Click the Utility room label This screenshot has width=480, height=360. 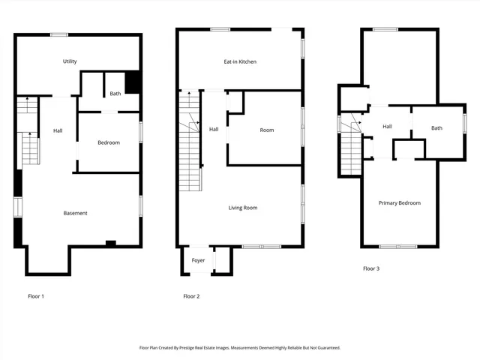tap(70, 61)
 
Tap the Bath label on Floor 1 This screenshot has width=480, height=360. tap(115, 94)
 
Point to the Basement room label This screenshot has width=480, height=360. tap(75, 213)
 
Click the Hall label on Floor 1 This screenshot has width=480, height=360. tap(58, 130)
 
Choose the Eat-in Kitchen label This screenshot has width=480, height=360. tap(241, 61)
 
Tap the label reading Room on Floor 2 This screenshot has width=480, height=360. tap(266, 130)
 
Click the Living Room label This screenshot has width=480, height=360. tap(243, 207)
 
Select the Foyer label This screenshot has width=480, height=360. tap(198, 260)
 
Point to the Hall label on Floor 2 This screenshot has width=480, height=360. tap(214, 129)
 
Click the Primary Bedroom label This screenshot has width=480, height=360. tap(399, 202)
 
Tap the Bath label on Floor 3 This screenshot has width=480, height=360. tap(436, 127)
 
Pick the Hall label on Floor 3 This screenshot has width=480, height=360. tap(387, 126)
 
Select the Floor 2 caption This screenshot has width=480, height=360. tap(192, 296)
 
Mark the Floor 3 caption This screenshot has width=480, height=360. tap(371, 268)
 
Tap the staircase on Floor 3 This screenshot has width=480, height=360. tap(351, 150)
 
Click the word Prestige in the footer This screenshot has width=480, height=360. tap(199, 348)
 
